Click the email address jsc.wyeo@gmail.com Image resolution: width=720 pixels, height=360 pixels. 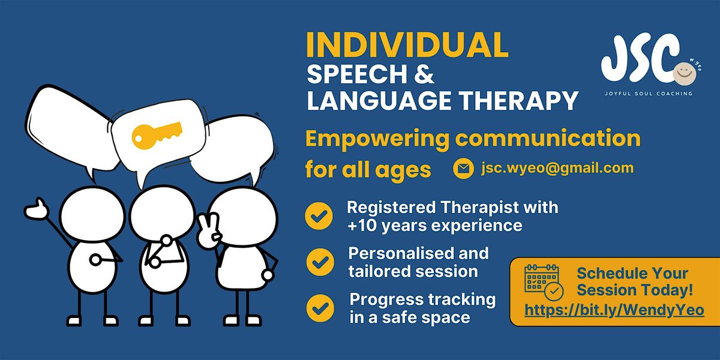coord(557,168)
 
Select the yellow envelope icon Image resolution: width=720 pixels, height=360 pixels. coord(463,169)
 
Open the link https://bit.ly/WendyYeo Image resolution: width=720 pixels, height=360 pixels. coord(614,310)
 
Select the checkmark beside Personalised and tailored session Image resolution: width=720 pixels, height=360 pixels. coord(319,262)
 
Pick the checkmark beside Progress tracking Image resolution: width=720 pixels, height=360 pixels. coord(319,307)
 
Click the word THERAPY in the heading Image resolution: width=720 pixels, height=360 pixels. coord(524,100)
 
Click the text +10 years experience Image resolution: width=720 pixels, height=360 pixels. coord(435,226)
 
